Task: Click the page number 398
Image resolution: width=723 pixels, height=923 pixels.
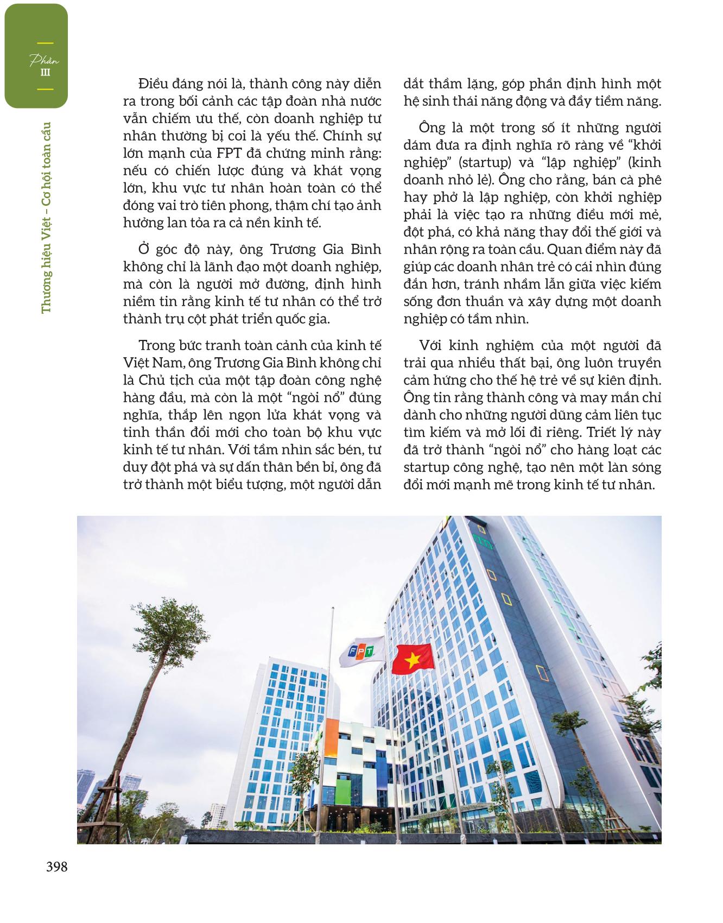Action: (56, 867)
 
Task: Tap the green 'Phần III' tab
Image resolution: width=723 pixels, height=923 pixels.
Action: (36, 56)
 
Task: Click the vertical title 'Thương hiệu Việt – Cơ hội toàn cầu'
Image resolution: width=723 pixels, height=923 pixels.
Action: (46, 217)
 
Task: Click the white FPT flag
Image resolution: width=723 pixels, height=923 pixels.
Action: (361, 652)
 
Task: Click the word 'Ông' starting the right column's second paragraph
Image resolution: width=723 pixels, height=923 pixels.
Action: (432, 128)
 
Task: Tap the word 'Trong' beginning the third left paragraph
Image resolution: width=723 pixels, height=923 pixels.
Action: (155, 345)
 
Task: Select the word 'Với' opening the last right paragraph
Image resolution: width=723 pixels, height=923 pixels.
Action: (431, 345)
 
